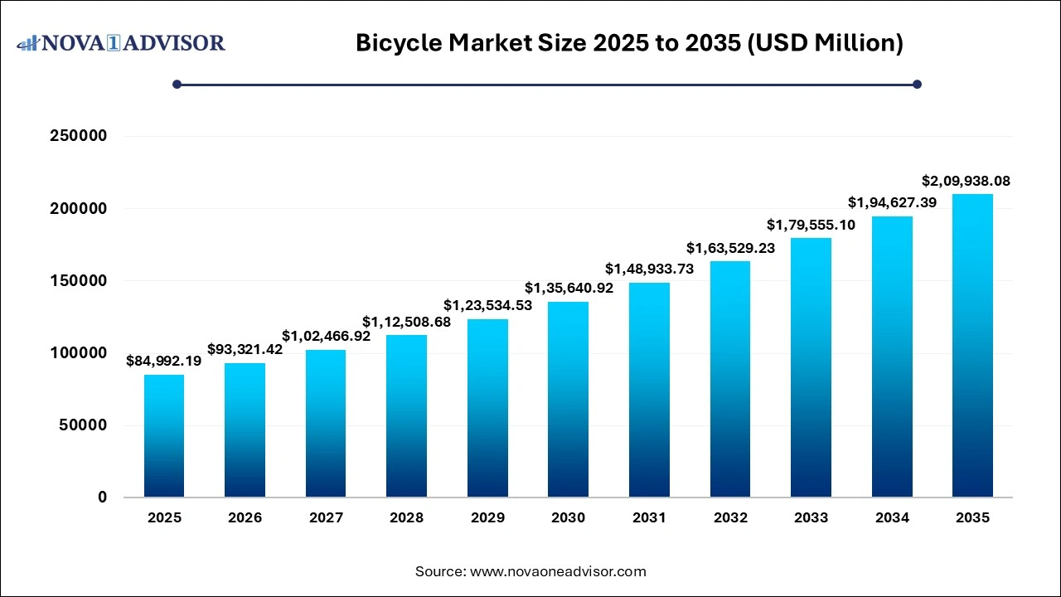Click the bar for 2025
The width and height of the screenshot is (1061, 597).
(x=164, y=436)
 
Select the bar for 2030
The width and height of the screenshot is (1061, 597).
(x=568, y=400)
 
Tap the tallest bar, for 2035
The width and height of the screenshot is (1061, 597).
(x=972, y=346)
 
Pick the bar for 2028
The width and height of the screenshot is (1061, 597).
(x=406, y=416)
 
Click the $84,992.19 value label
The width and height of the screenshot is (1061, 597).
(x=164, y=361)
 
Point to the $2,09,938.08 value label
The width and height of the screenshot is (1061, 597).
(x=966, y=181)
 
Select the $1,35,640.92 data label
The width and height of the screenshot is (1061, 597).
(x=569, y=288)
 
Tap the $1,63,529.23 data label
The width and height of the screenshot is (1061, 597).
(x=730, y=248)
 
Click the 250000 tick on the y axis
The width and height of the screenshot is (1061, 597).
(x=79, y=136)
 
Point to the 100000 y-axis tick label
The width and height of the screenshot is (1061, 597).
(x=79, y=353)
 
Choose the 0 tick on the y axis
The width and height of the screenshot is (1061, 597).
(x=102, y=498)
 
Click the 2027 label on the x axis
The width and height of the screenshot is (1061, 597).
(x=326, y=517)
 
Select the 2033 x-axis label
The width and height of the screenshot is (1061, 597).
(x=811, y=517)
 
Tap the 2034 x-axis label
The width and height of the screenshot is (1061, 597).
(x=892, y=517)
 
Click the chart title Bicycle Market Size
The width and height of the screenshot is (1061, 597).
(x=629, y=43)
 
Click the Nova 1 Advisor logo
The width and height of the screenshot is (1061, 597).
(x=121, y=42)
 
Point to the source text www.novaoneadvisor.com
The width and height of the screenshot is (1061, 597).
(x=530, y=571)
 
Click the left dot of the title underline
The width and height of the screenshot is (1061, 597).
(x=177, y=84)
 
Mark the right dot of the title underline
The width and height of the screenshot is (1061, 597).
(x=917, y=84)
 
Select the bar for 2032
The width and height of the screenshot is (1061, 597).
(x=729, y=379)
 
